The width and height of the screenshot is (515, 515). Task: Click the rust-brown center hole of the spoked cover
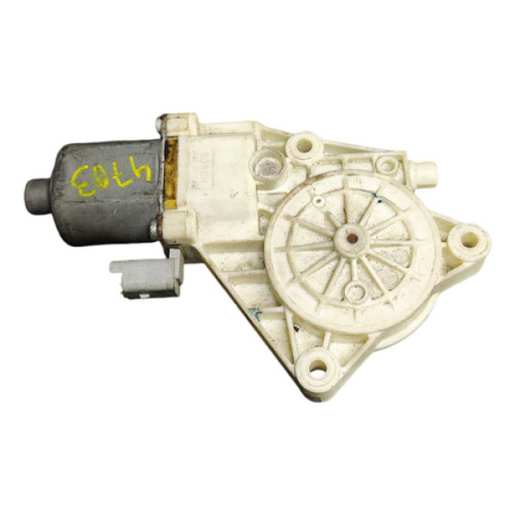coord(351,235)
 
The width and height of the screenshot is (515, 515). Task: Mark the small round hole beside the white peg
coord(387,165)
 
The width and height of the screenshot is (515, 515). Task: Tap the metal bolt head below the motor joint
coord(155,230)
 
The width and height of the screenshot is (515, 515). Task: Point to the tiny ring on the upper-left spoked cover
coord(318,203)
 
